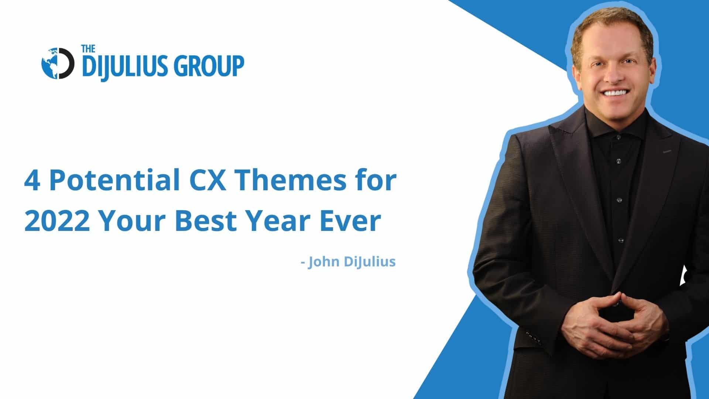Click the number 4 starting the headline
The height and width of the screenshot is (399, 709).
(x=32, y=181)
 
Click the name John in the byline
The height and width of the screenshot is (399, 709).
(x=324, y=262)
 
